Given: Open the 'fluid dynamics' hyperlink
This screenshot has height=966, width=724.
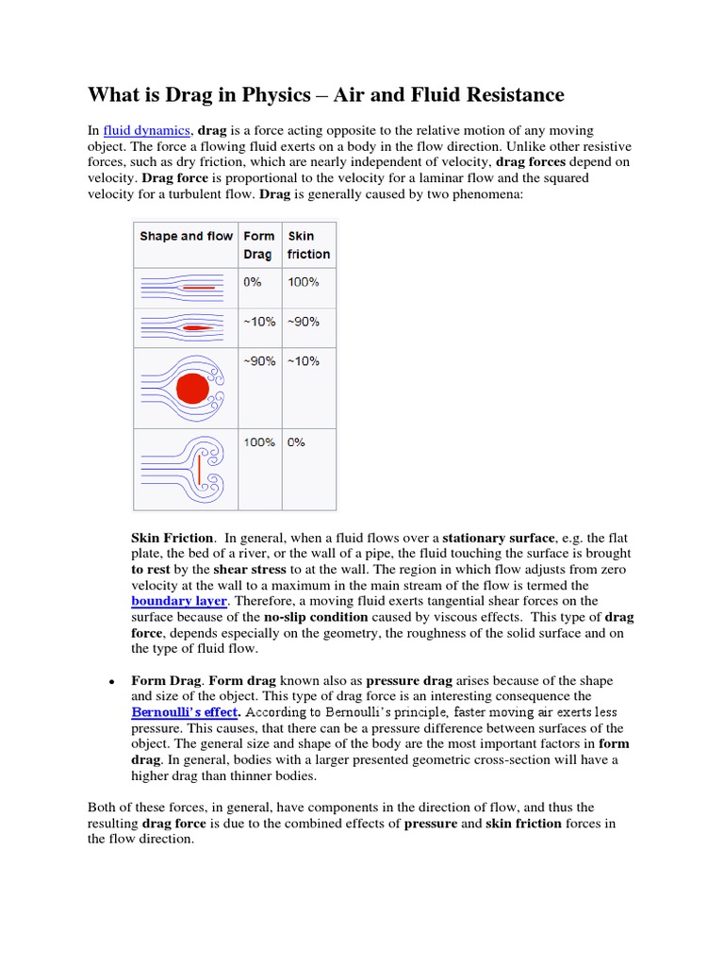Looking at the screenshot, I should click(x=146, y=129).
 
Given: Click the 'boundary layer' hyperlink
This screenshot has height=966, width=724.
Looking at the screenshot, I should click(x=178, y=600).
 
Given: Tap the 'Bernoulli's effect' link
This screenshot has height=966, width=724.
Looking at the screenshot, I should click(x=184, y=712).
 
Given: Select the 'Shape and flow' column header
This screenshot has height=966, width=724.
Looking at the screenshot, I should click(x=186, y=236).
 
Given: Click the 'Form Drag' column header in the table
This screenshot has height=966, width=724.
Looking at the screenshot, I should click(x=259, y=245).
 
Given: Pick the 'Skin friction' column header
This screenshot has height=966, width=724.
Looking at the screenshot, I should click(x=308, y=245).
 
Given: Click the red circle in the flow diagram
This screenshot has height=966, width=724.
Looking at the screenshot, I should click(x=192, y=388).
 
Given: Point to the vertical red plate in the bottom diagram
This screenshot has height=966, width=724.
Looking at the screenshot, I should click(x=199, y=469).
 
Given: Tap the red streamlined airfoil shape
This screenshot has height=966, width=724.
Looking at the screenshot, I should click(x=197, y=327).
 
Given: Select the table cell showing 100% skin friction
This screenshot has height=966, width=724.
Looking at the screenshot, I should click(x=304, y=282).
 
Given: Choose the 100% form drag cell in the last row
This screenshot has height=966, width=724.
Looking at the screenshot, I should click(x=259, y=441).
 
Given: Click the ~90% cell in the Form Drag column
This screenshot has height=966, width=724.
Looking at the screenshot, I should click(x=259, y=361).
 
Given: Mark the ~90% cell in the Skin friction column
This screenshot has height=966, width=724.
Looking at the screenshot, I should click(x=304, y=322).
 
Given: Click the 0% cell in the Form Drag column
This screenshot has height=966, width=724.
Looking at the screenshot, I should click(x=253, y=282).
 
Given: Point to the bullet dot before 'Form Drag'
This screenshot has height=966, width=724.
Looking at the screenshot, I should click(x=111, y=681).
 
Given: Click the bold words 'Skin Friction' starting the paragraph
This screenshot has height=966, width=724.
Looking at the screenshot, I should click(x=172, y=538).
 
